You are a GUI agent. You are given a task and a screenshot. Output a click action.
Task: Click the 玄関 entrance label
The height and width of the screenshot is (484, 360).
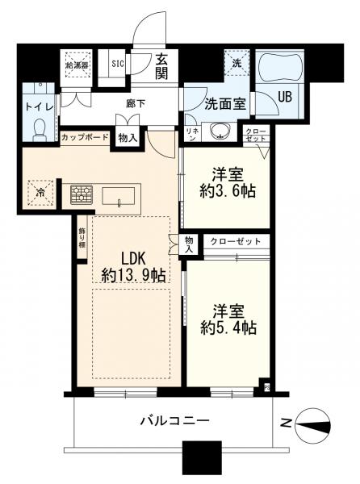tap(161, 67)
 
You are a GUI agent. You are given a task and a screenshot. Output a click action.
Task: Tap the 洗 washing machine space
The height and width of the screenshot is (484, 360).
tap(238, 64)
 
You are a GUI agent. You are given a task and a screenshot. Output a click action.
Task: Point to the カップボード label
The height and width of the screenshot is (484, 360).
tap(84, 138)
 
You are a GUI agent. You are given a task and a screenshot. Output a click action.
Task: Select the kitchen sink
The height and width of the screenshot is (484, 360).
tap(119, 196)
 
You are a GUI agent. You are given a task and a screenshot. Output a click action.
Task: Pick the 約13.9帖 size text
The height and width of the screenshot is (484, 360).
tap(133, 276)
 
